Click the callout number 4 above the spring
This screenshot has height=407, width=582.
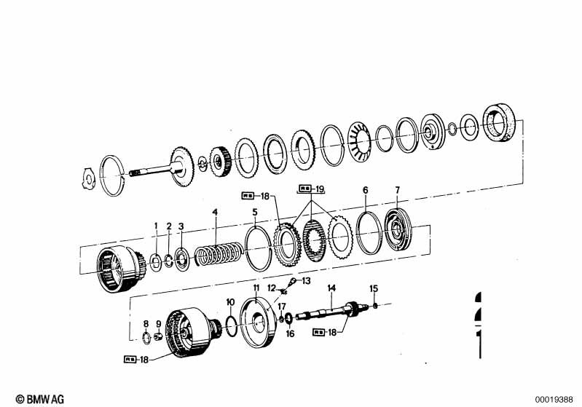coord(215,212)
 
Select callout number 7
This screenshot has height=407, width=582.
coord(398,190)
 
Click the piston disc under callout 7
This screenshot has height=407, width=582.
coord(398,230)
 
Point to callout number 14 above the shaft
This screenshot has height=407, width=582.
coord(331,288)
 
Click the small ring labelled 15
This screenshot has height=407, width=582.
coord(375,306)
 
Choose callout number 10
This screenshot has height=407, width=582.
coord(230,302)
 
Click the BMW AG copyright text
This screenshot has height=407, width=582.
coord(40,399)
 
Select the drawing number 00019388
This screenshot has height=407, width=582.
coord(554,400)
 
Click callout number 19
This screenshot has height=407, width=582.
coord(319,189)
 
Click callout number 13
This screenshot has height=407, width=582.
coord(306,281)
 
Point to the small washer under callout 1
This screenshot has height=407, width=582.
coord(155,261)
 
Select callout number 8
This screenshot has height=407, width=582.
coord(146,324)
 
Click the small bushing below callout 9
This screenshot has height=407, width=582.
coord(159,336)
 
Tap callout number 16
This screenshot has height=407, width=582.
coord(290,334)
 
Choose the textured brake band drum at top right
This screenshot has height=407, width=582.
coord(499,122)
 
